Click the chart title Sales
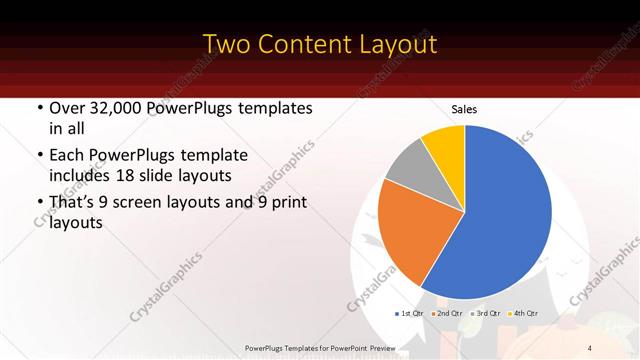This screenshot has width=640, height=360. tap(463, 109)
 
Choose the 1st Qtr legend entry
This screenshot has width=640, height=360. tap(409, 314)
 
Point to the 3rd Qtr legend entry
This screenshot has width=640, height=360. tap(485, 314)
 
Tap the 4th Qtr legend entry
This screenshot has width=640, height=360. tap(523, 314)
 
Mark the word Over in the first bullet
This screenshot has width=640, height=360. tap(66, 108)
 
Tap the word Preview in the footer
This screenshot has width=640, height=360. tap(379, 347)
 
